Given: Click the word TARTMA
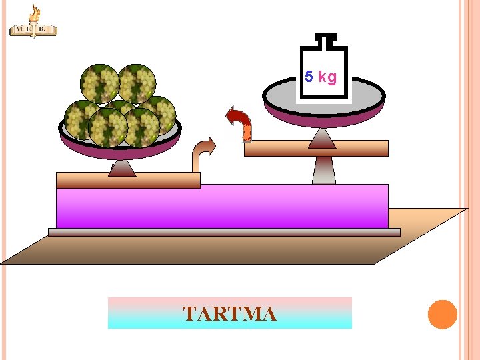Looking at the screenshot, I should [229, 313].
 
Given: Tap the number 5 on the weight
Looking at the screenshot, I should [309, 77].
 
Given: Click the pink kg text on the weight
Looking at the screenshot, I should [327, 77].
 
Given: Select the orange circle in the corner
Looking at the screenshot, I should [442, 315].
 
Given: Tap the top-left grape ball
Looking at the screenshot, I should [99, 83].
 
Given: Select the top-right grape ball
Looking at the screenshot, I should [137, 83].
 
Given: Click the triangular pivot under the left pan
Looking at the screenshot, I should [122, 167].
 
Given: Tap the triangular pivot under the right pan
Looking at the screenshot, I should [322, 138].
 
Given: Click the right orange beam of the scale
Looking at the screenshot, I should [316, 149].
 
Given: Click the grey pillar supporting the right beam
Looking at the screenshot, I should [323, 170].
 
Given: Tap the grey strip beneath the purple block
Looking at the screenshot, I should [223, 232].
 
